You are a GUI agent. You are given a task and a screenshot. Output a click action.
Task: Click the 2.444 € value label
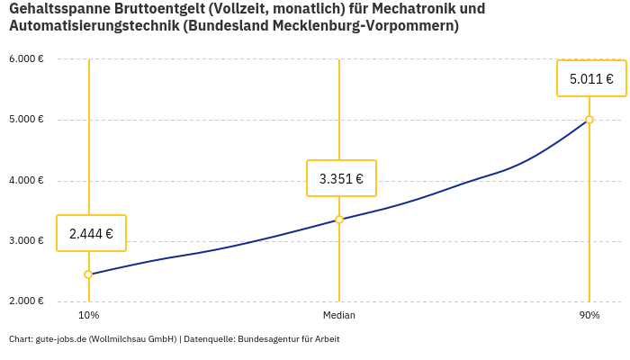tap(91, 233)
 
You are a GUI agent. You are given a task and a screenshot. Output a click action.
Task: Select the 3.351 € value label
tap(341, 178)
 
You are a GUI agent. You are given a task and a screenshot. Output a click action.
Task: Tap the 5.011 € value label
tap(591, 78)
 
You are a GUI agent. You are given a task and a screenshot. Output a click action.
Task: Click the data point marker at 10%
tap(88, 274)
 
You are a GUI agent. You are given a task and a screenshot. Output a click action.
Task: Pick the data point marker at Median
tap(339, 220)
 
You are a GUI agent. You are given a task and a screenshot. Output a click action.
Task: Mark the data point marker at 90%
tap(589, 120)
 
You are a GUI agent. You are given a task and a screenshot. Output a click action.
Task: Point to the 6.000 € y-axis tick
tap(26, 59)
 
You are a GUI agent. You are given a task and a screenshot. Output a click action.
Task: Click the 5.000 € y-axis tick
tap(26, 120)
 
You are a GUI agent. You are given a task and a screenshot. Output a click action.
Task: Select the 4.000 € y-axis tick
tap(26, 180)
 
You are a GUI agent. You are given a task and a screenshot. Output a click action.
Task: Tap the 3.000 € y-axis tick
tap(26, 240)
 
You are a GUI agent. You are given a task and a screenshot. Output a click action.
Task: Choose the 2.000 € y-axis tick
tap(26, 301)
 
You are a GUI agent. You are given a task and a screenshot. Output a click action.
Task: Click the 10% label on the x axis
tap(88, 316)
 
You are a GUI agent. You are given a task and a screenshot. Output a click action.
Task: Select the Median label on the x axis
tap(339, 316)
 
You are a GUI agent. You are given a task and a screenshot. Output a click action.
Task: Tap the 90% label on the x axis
tap(589, 316)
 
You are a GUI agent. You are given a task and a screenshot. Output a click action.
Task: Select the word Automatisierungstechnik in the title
tap(93, 26)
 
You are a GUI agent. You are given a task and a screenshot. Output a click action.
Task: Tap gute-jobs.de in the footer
tap(60, 339)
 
